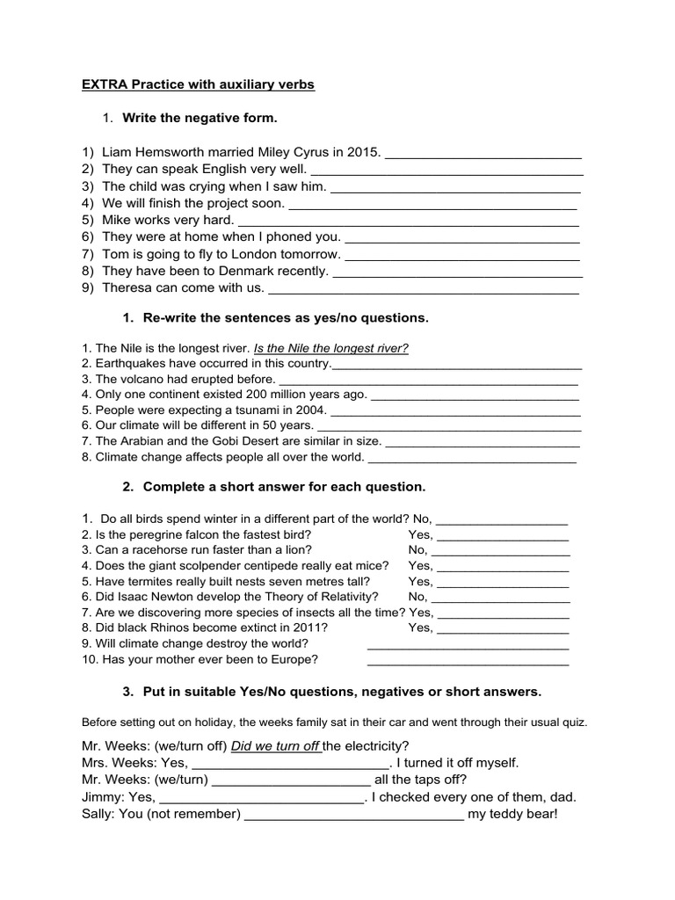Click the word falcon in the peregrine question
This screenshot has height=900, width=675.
(198, 534)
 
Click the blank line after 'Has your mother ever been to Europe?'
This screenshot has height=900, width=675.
(468, 659)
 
